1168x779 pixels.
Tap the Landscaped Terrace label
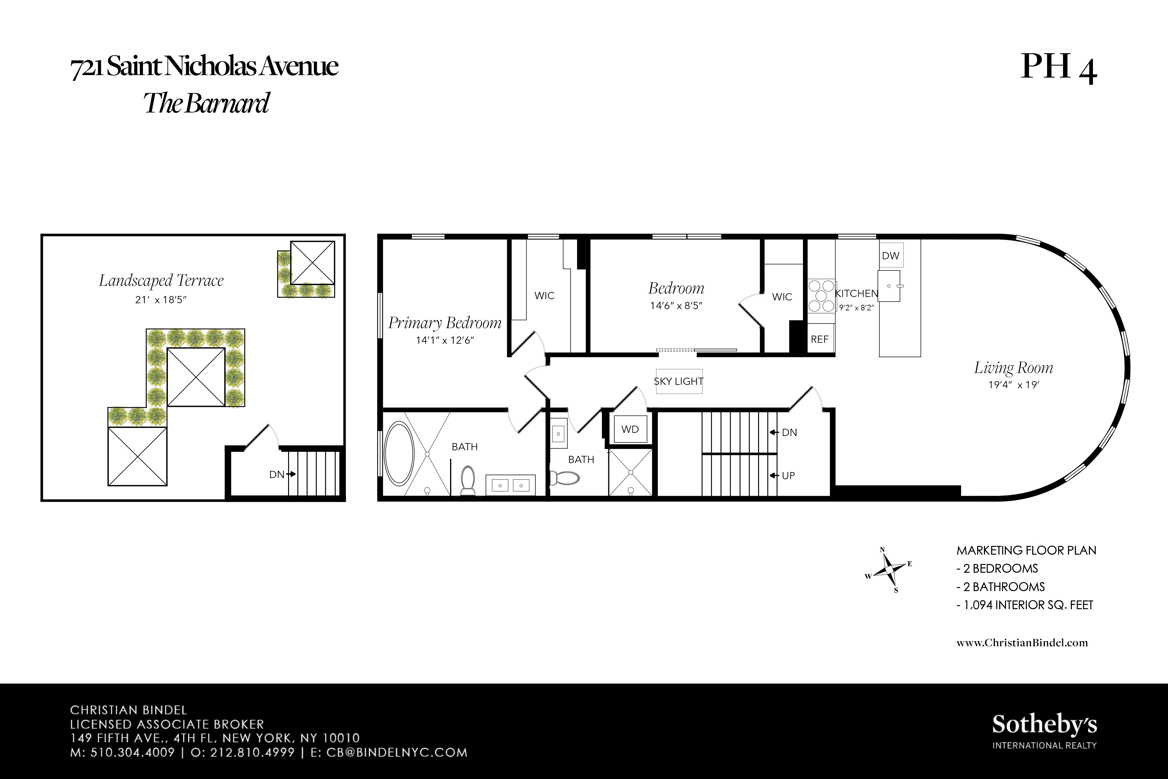point(161,281)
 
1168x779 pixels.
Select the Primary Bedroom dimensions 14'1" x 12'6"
point(445,340)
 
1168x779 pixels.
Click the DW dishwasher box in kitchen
point(890,256)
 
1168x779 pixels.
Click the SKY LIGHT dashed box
point(679,381)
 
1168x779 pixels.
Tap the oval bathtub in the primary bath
point(399,453)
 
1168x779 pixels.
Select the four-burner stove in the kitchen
point(821,296)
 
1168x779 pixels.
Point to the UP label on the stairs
point(788,476)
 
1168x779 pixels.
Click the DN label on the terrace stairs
point(277,475)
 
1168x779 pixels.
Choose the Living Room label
point(1013,368)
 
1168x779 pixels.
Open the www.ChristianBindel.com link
point(1022,643)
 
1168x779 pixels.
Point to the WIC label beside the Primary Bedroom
point(544,296)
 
